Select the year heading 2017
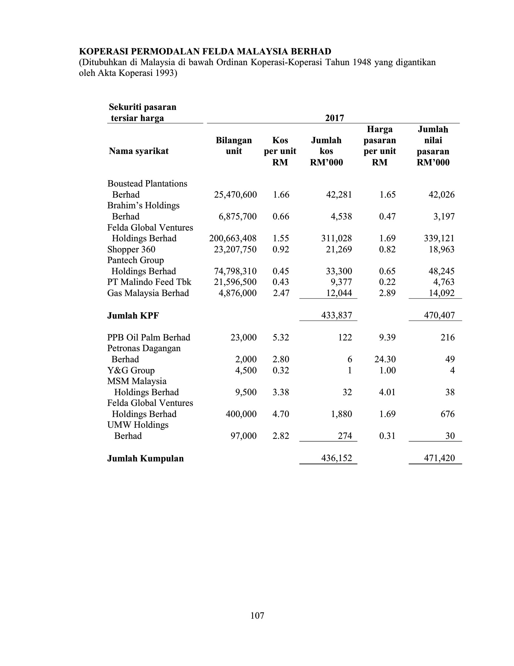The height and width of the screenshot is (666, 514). pyautogui.click(x=334, y=118)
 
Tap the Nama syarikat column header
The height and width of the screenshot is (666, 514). pyautogui.click(x=139, y=151)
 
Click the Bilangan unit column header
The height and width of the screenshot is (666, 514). pyautogui.click(x=234, y=146)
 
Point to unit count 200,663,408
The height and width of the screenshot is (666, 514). pyautogui.click(x=233, y=238)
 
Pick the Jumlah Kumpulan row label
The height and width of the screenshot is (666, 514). pyautogui.click(x=145, y=458)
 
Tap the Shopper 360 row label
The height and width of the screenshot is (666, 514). pyautogui.click(x=131, y=249)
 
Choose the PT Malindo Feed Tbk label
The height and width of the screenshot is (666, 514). pyautogui.click(x=149, y=282)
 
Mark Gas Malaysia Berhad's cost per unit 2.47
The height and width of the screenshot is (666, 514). pyautogui.click(x=281, y=293)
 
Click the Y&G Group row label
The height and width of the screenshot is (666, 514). pyautogui.click(x=131, y=370)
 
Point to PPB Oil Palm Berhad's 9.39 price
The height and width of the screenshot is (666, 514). pyautogui.click(x=387, y=337)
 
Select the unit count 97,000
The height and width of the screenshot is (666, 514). pyautogui.click(x=243, y=436)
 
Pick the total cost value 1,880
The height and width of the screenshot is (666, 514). pyautogui.click(x=339, y=414)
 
